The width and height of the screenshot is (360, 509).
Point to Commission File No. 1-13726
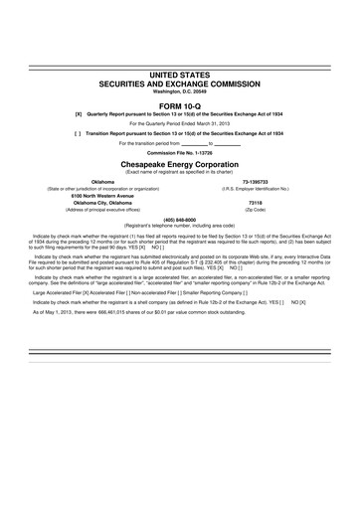click(180, 152)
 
